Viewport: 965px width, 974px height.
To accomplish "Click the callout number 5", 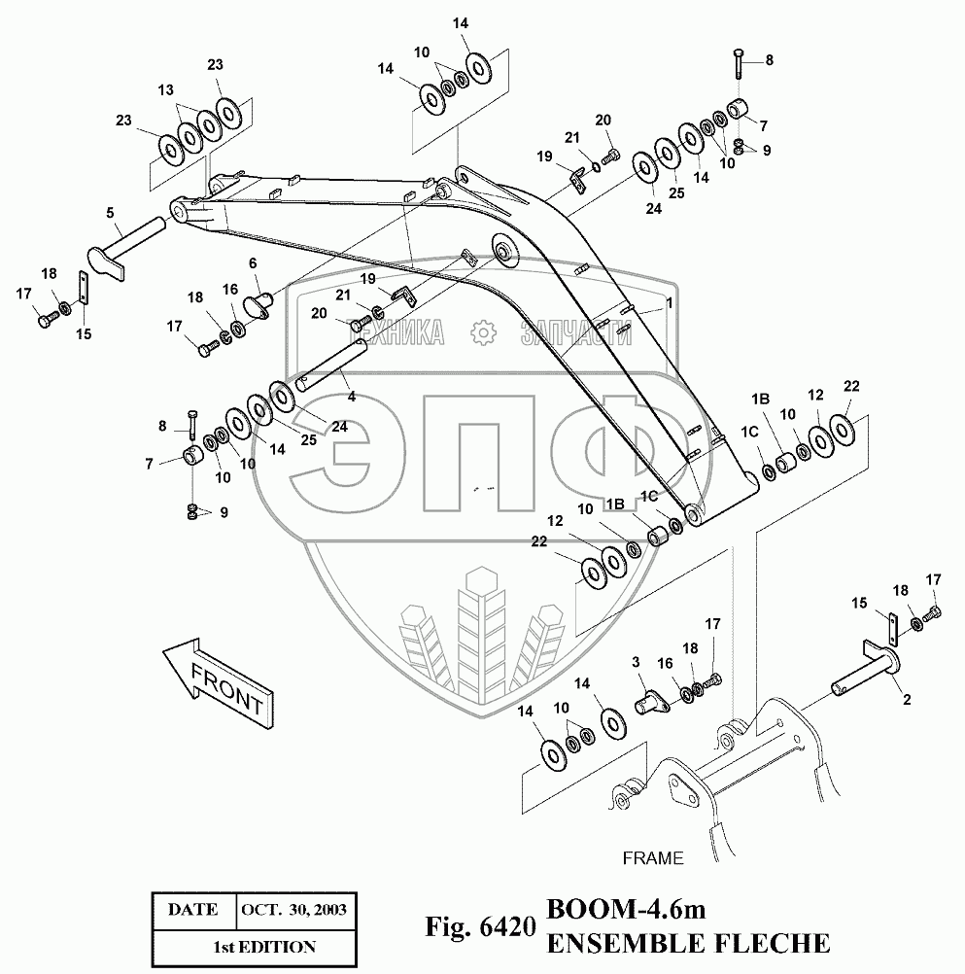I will pos(110,212).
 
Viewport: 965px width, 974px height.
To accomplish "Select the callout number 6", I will pos(253,262).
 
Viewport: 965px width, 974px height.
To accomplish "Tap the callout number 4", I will pos(351,396).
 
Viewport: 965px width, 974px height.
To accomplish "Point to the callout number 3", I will pos(637,662).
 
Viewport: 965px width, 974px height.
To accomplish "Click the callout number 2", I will pos(906,698).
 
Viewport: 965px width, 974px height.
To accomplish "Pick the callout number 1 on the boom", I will pos(669,303).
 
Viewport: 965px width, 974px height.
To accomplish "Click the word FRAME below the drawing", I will pos(652,858).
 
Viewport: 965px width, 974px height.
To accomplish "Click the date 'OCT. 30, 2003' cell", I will pos(293,910).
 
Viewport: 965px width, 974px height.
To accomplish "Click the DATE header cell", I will pos(192,910).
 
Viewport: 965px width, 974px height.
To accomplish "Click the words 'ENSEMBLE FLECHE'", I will pos(689,943).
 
